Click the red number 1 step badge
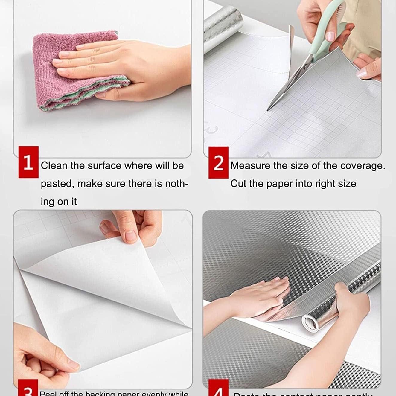pyautogui.click(x=28, y=162)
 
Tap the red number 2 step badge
pyautogui.click(x=218, y=162)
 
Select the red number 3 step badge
pyautogui.click(x=28, y=389)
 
